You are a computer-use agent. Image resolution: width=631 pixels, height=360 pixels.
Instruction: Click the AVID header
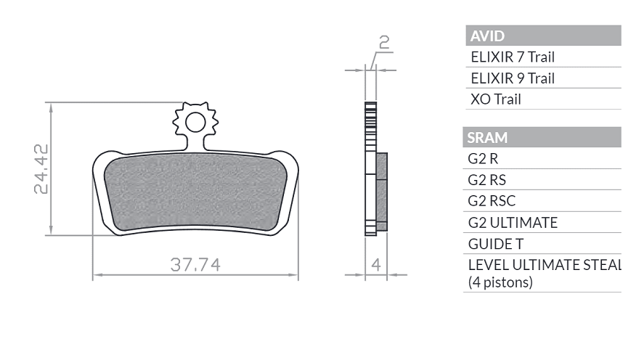coord(487,36)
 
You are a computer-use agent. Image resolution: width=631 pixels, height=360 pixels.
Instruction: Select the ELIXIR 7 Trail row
coord(513,57)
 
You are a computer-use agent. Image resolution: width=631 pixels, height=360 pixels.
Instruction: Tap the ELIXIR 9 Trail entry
coord(513,78)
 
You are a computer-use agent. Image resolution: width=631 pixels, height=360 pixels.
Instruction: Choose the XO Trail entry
coord(496,99)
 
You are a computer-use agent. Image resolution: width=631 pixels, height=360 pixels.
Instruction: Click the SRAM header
coord(487,138)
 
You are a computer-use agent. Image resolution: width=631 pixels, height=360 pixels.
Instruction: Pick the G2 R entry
coord(483,159)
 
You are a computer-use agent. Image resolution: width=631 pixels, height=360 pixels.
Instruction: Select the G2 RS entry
coord(487,180)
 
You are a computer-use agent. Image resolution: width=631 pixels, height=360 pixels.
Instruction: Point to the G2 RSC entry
coord(492,201)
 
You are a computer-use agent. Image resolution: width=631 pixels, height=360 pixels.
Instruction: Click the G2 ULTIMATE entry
coord(513,222)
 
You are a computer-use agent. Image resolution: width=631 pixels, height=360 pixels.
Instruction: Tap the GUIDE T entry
coord(496,244)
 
